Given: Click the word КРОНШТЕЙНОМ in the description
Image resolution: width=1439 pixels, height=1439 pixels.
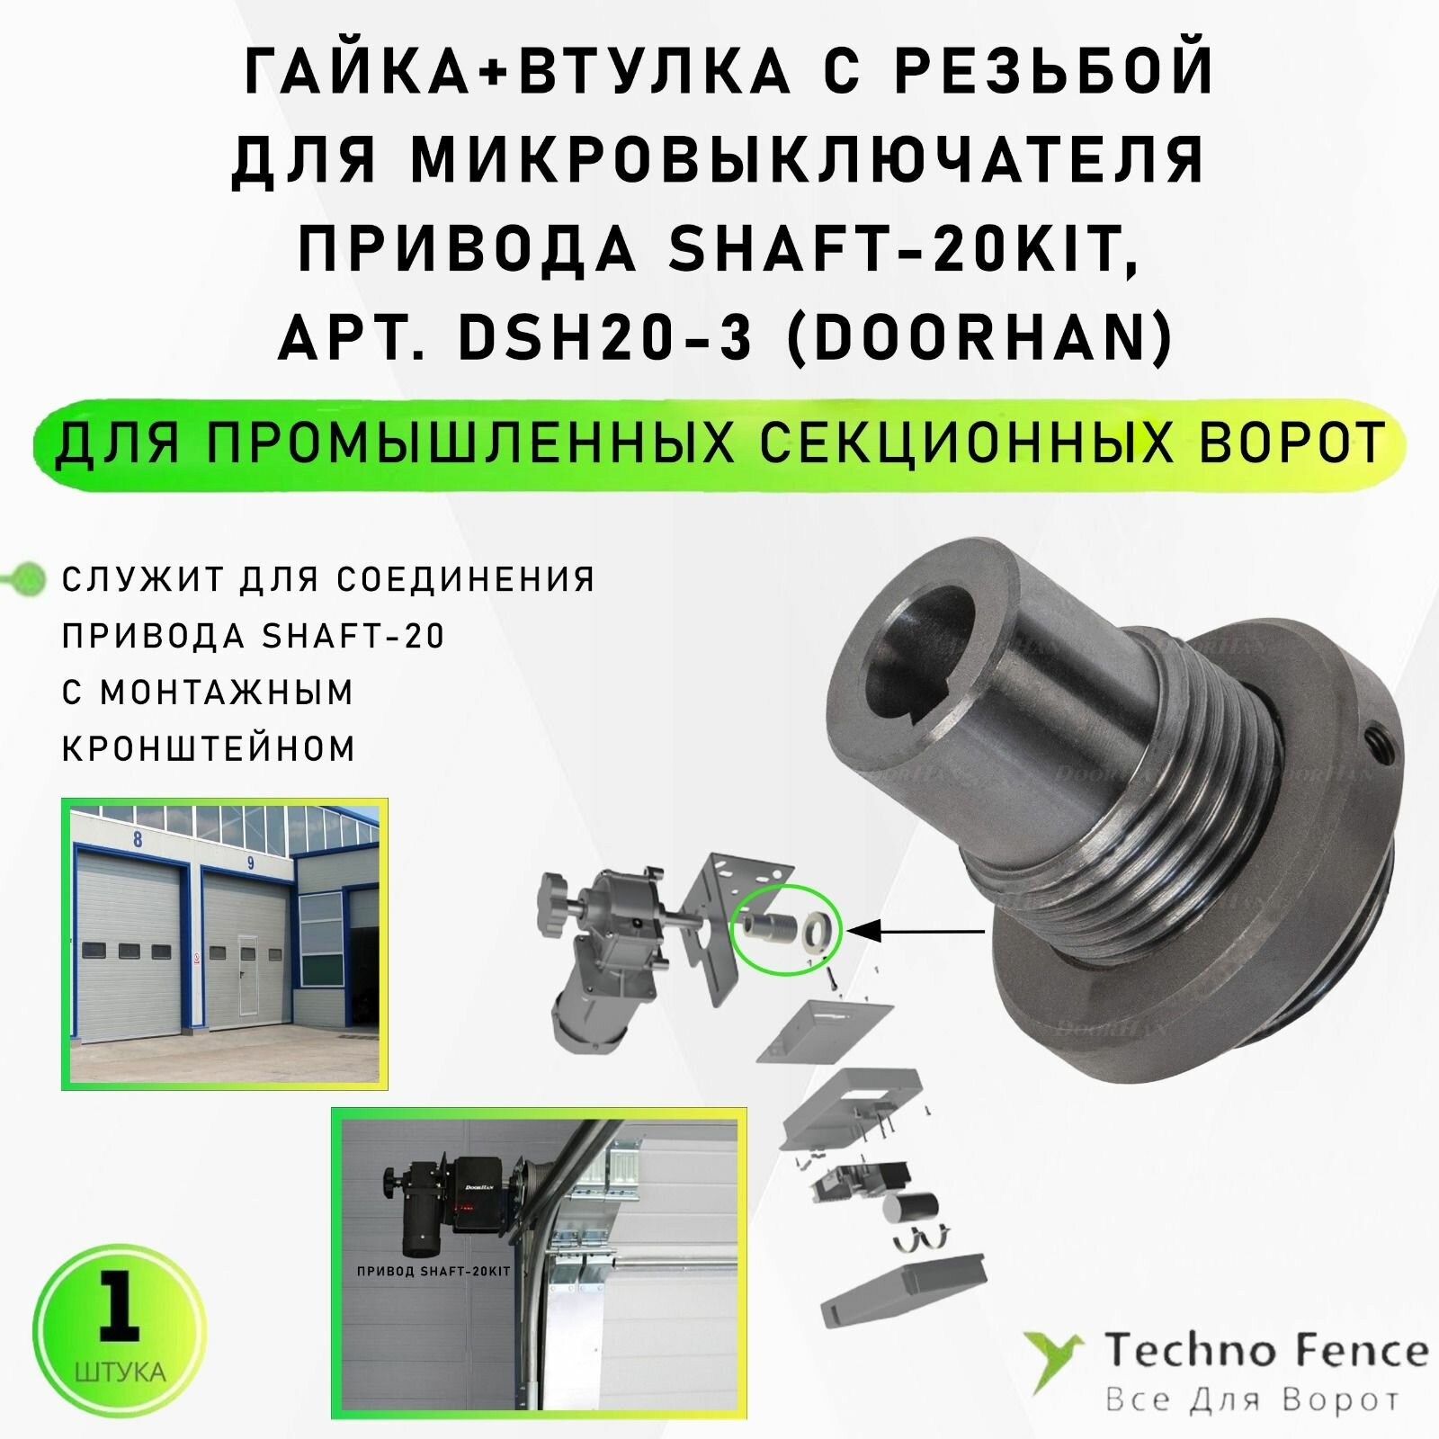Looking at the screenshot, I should (209, 748).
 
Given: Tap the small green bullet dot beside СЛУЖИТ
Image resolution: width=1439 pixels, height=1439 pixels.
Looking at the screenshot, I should (31, 578).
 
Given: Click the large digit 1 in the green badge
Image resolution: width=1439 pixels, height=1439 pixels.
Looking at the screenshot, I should (119, 1308).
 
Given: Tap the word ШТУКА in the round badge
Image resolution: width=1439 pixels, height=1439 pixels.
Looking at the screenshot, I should (121, 1373).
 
